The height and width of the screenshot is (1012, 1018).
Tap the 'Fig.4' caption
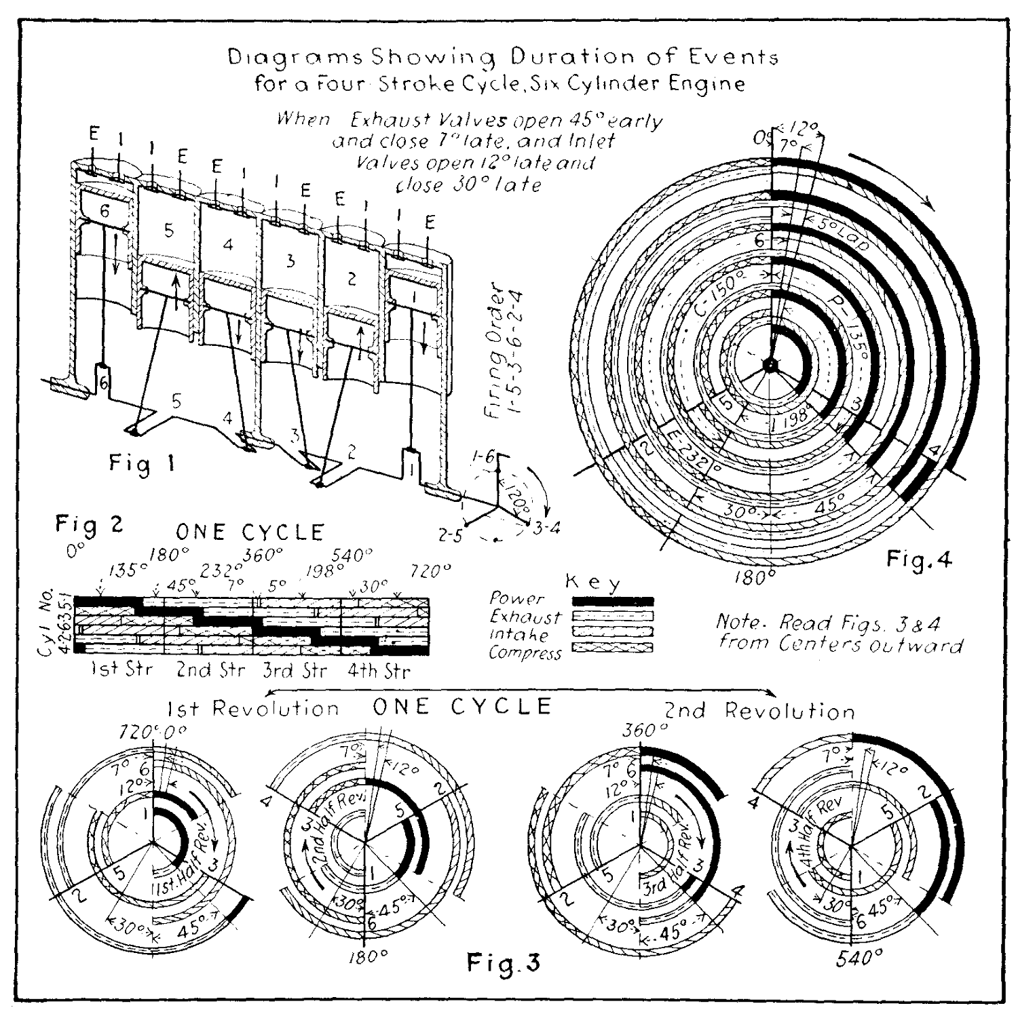920,560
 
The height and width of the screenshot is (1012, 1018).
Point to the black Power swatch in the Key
613,601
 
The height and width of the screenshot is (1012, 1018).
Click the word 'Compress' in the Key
525,653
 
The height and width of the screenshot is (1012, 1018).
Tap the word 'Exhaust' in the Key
525,617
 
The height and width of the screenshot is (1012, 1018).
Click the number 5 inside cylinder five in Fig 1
169,230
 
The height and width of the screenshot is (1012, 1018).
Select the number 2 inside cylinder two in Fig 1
352,279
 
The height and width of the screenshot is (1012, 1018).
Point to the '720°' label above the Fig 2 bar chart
430,571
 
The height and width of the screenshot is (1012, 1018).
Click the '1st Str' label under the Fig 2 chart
122,670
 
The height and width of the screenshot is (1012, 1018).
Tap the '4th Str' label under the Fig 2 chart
379,672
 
